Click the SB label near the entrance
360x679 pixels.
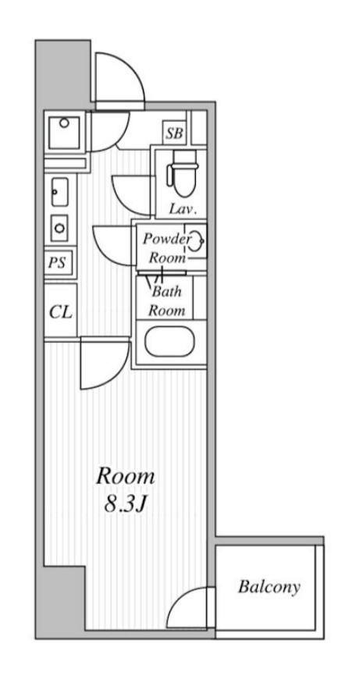pyautogui.click(x=175, y=133)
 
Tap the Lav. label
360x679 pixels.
pyautogui.click(x=183, y=210)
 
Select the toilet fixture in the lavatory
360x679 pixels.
pyautogui.click(x=183, y=173)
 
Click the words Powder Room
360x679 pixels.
pyautogui.click(x=167, y=248)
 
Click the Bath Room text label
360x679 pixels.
pyautogui.click(x=167, y=301)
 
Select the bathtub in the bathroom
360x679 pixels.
pyautogui.click(x=169, y=342)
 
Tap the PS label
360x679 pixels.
pyautogui.click(x=57, y=262)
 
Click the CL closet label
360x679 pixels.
pyautogui.click(x=61, y=311)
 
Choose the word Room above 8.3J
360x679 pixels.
pyautogui.click(x=125, y=476)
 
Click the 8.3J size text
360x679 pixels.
pyautogui.click(x=124, y=504)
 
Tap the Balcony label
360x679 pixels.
pyautogui.click(x=269, y=587)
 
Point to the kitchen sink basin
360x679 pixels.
pyautogui.click(x=60, y=192)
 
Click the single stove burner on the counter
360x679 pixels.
pyautogui.click(x=59, y=228)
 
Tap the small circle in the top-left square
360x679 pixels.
pyautogui.click(x=64, y=123)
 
